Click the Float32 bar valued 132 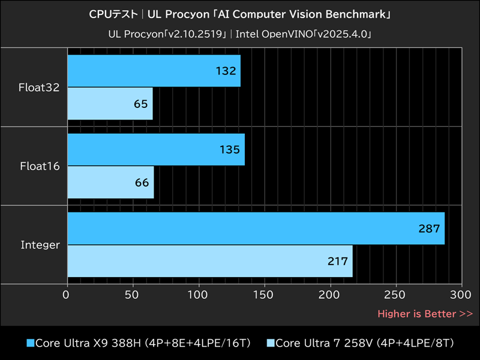coord(154,71)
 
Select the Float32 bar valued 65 coord(110,103)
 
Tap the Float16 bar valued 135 coord(156,150)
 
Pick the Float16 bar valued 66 coord(110,182)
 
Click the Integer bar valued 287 coord(256,229)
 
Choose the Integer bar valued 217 coord(210,261)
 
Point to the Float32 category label coord(39,88)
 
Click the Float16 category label coord(39,166)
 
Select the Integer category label coord(40,245)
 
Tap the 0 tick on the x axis coord(67,295)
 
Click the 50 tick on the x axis coord(133,295)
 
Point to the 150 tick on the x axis coord(264,295)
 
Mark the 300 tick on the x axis coord(461,295)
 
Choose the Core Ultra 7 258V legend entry coord(360,343)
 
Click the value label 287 coord(430,229)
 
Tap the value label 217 coord(337,261)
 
